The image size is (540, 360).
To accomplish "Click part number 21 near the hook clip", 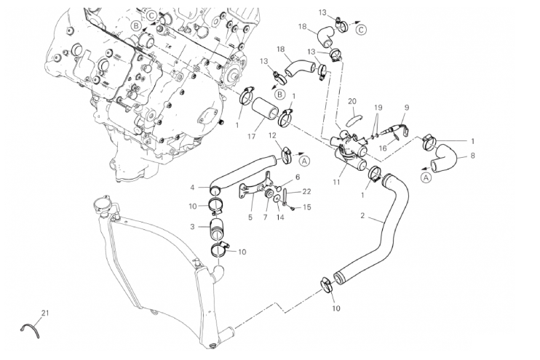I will tap(45, 313).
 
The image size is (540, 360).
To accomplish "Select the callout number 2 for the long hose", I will tap(363, 217).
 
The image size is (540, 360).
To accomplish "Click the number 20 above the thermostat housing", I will tap(352, 100).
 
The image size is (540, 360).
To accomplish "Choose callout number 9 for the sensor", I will tap(407, 108).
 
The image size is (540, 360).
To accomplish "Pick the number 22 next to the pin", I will tap(306, 191).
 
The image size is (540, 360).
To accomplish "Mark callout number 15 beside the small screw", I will tap(306, 207).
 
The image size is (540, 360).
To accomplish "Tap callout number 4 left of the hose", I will tap(192, 187).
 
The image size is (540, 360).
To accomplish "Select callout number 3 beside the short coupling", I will tap(192, 227).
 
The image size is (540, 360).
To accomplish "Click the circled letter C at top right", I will tap(362, 30).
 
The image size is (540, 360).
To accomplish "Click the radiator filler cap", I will tap(107, 207).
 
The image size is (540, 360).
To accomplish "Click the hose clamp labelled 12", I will tap(285, 152).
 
